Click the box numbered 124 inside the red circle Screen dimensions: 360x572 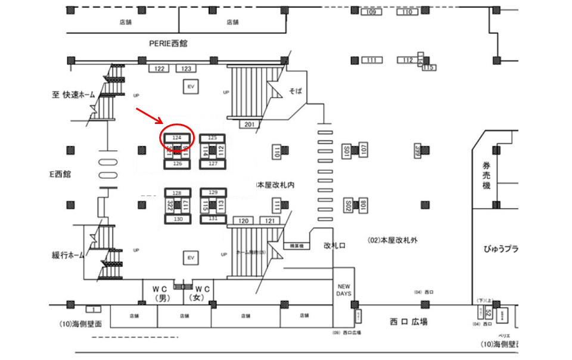[x=177, y=138]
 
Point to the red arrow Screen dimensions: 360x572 [x=148, y=116]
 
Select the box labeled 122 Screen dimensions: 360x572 [x=160, y=69]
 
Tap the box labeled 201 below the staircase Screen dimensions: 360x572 [x=250, y=124]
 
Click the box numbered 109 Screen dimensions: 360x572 [x=371, y=13]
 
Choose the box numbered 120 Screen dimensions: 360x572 [x=244, y=221]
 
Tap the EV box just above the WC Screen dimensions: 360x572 [x=191, y=257]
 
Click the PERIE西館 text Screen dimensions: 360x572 [x=168, y=43]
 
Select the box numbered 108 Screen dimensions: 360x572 [x=363, y=206]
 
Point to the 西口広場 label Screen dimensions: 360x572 [x=409, y=322]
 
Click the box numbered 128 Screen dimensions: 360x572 [x=177, y=193]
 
